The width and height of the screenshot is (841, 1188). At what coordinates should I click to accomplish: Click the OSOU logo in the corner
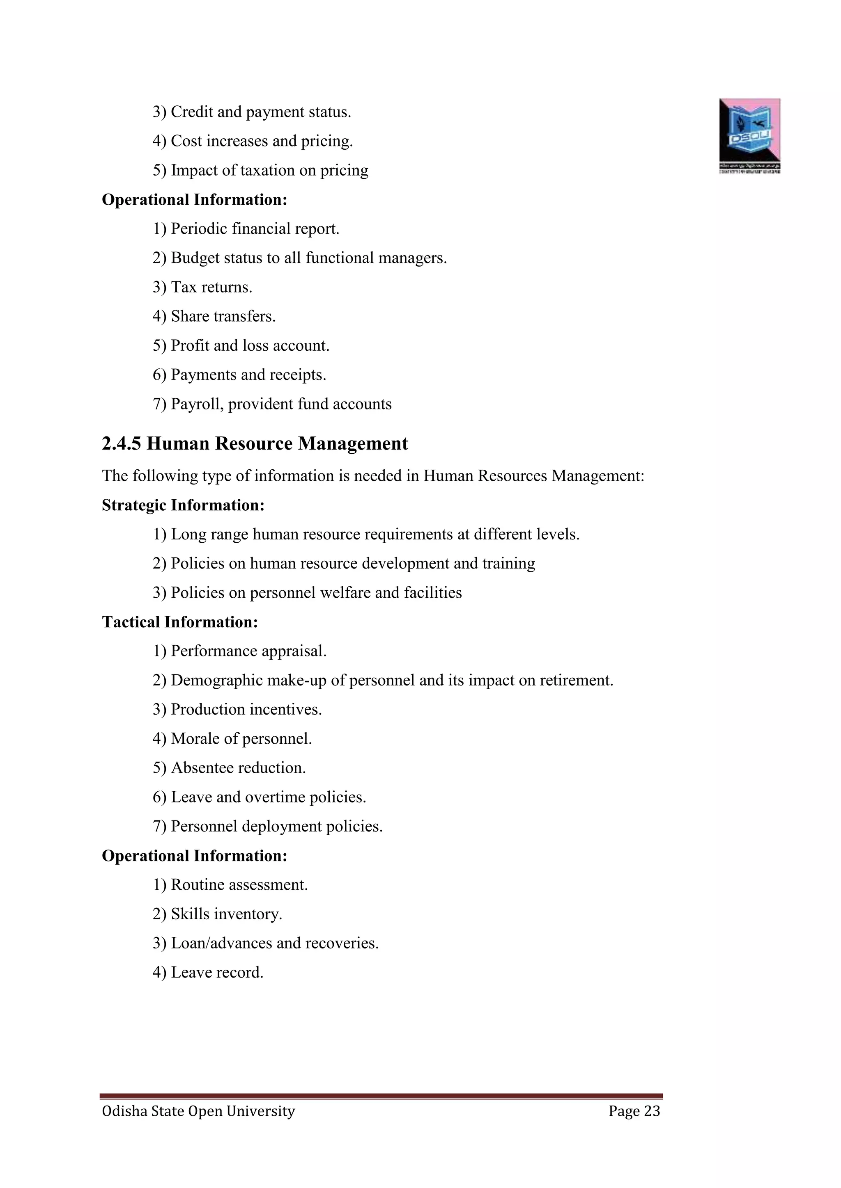pos(749,135)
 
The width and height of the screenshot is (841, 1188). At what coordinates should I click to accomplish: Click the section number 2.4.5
pos(121,443)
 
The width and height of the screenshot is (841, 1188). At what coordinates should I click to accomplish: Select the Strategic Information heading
pos(183,505)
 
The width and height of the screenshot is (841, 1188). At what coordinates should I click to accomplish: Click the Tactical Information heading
pos(180,622)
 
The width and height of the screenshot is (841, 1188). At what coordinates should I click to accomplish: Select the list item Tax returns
pos(211,287)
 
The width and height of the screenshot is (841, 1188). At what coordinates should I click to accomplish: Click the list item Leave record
pos(216,972)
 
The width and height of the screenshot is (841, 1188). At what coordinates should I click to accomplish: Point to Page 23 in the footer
pos(634,1111)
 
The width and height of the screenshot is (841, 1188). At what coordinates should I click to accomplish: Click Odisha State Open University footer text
pos(198,1111)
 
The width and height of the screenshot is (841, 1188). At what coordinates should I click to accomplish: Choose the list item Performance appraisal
pos(248,651)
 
